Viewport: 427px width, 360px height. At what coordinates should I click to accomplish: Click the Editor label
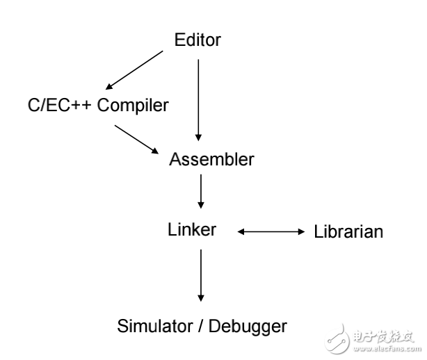198,40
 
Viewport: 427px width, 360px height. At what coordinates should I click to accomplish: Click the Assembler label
211,159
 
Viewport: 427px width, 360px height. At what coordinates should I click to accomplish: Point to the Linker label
191,229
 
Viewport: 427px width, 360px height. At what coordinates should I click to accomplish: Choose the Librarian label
348,231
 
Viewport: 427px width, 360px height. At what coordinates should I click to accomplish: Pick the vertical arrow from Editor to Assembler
199,97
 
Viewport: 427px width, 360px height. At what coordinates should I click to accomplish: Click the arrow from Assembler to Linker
201,191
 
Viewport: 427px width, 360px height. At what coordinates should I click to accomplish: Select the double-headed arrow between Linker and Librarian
272,231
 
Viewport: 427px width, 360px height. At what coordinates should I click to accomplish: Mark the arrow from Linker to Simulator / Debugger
201,275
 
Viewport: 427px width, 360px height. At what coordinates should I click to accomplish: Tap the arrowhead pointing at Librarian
302,231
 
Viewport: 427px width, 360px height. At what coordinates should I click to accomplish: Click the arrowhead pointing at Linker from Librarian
241,231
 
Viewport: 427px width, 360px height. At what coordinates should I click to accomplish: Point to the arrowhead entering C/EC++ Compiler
109,87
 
